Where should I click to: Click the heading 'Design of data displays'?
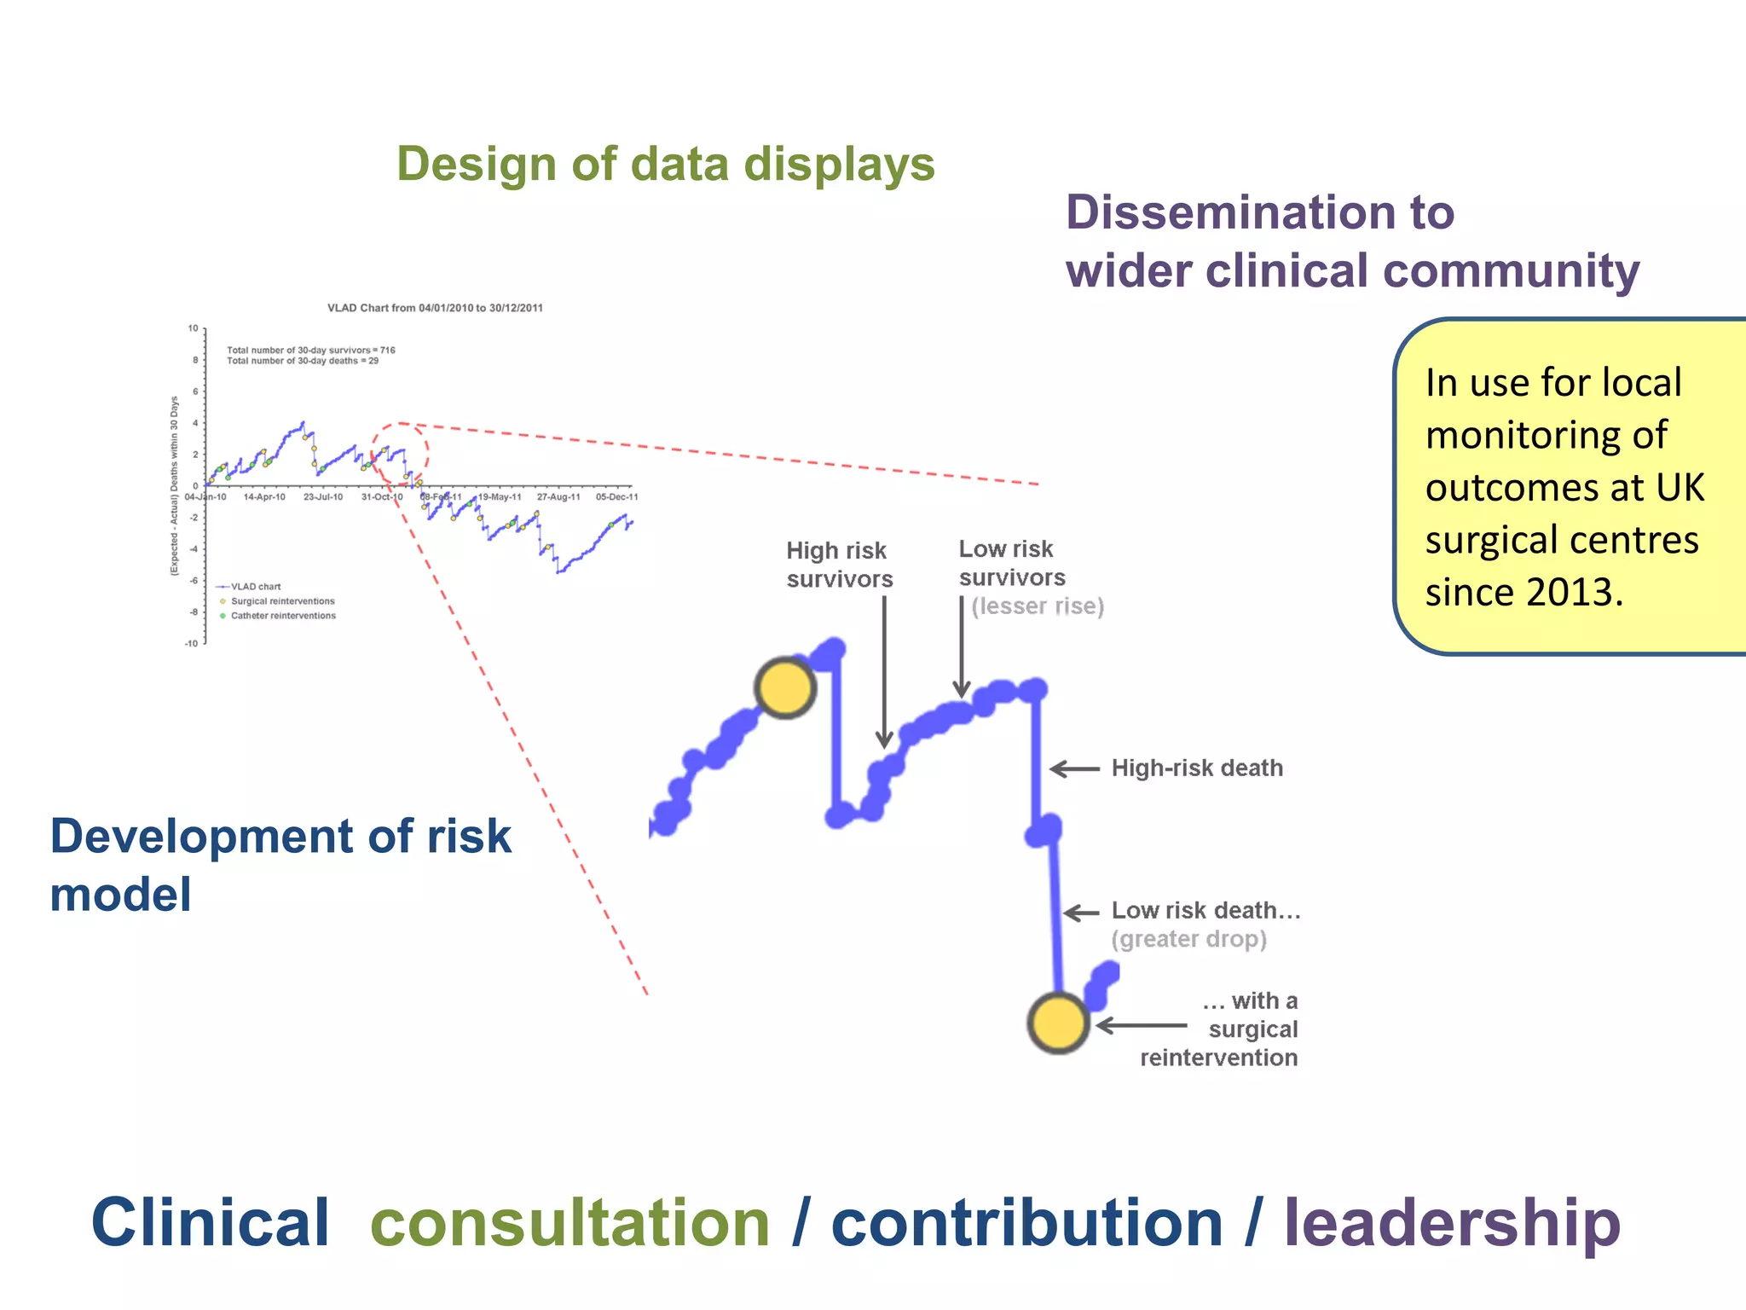[665, 164]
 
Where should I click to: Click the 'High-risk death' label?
[1196, 768]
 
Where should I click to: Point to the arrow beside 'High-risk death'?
[1074, 768]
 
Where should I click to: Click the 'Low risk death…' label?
[1205, 911]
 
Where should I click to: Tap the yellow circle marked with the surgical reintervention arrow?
[1057, 1023]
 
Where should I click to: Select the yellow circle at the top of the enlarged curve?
[785, 687]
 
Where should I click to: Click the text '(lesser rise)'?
[1037, 606]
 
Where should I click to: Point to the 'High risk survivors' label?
[839, 565]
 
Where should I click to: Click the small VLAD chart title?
[435, 308]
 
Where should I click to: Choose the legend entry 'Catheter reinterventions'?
[283, 616]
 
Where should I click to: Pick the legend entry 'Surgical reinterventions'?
[282, 601]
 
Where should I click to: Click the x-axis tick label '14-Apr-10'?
[264, 497]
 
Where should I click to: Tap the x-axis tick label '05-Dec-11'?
[616, 497]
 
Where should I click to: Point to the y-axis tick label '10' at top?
[194, 328]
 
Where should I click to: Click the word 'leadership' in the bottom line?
[1451, 1223]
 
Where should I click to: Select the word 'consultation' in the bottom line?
[569, 1223]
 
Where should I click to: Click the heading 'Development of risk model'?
[280, 865]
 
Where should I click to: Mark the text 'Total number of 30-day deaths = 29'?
[302, 361]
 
